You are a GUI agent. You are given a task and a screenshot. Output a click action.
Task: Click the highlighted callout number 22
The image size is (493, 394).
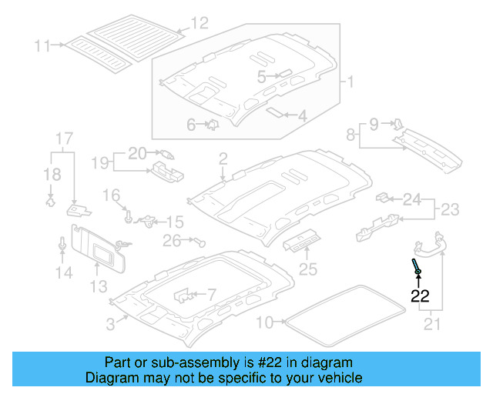(420, 295)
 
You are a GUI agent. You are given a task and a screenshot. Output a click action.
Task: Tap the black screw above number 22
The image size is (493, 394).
(417, 269)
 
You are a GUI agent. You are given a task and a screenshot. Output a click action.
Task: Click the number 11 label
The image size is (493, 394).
(42, 46)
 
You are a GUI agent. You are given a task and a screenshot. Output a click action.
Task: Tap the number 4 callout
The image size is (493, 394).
(302, 116)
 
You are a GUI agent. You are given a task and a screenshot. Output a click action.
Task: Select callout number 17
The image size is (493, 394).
(63, 139)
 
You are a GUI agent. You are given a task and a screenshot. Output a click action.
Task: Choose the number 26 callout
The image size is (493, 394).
(171, 241)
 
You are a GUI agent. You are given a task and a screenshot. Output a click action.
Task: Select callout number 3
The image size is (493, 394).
(111, 325)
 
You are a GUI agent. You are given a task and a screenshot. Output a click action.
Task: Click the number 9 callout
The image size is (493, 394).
(374, 123)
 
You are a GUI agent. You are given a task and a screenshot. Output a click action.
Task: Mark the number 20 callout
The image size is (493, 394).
(136, 153)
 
